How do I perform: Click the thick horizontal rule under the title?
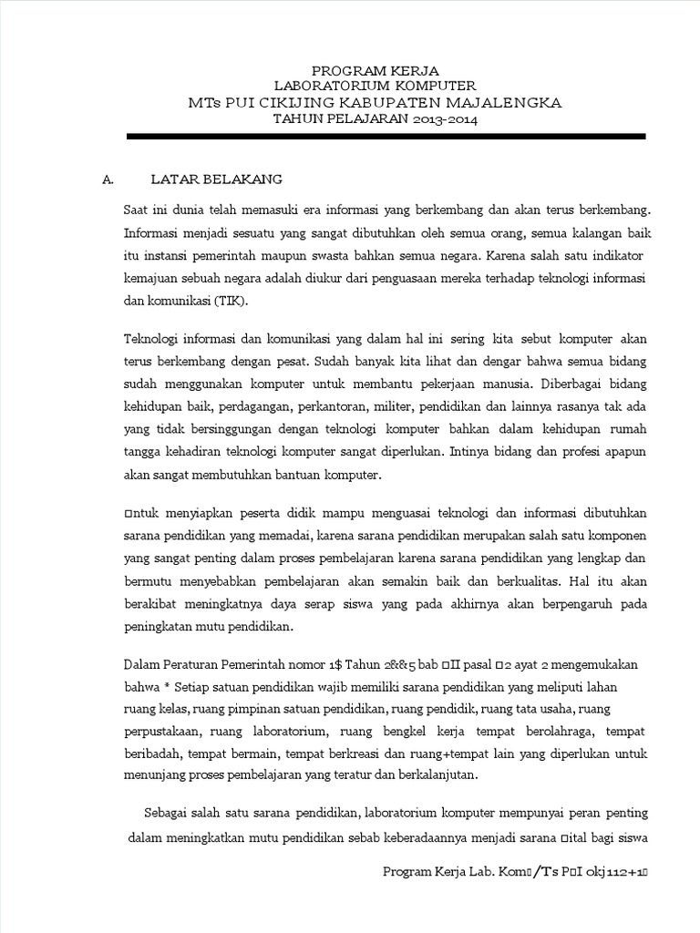386,136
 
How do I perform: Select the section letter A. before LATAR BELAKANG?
108,179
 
